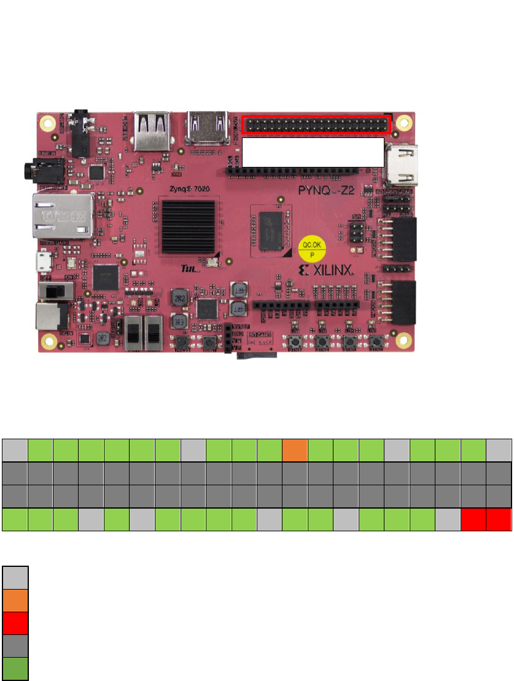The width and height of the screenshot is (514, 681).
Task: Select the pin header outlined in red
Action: click(x=316, y=125)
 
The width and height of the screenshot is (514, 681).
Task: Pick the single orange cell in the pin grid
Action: click(x=294, y=450)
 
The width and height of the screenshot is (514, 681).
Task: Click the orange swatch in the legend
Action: click(x=15, y=602)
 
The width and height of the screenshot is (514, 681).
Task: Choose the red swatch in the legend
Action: click(x=15, y=625)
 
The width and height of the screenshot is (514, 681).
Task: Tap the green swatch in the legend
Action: click(x=15, y=669)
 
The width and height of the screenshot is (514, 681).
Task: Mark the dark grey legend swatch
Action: click(x=15, y=647)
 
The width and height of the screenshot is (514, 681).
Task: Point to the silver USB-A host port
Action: click(x=153, y=132)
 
